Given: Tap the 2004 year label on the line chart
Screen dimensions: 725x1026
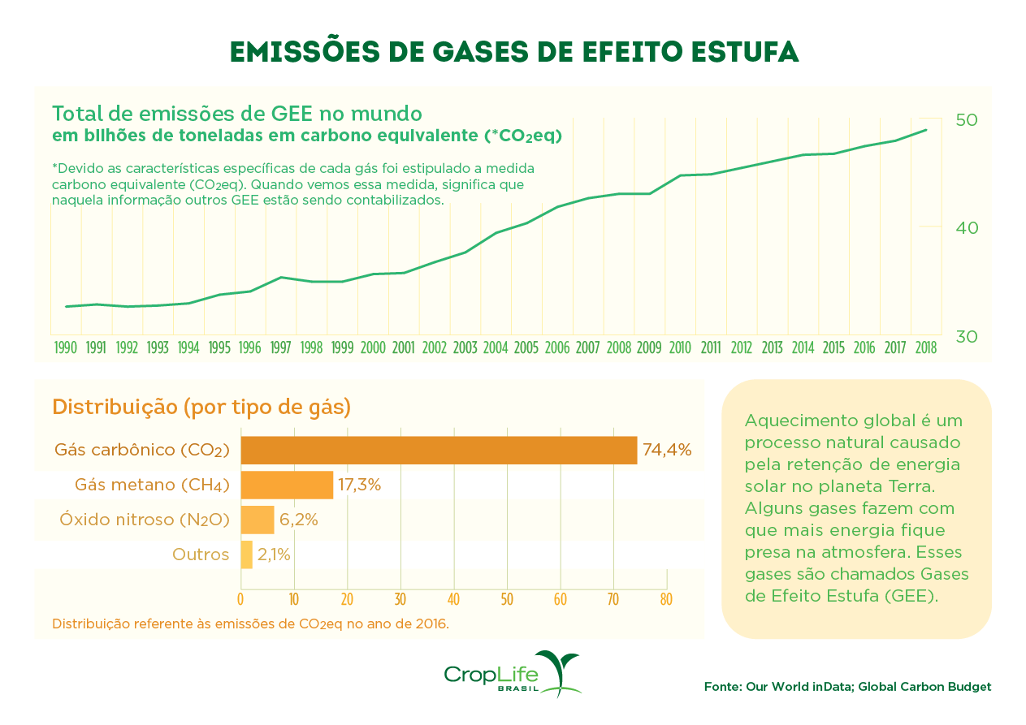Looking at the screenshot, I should (496, 348).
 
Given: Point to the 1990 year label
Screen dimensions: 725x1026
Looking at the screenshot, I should (65, 348).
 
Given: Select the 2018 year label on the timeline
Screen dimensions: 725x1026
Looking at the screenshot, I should (924, 348).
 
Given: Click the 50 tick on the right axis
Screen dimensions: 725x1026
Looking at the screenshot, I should (967, 120).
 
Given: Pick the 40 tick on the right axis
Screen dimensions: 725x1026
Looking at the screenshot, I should (967, 228).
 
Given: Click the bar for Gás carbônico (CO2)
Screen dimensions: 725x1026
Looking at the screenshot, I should (439, 450).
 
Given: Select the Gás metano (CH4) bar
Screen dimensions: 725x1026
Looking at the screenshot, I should (287, 485).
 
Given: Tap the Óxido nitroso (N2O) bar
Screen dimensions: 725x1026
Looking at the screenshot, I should (257, 520).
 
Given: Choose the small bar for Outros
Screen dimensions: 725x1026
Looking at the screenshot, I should (246, 555).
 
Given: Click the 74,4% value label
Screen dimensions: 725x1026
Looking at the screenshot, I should (667, 450).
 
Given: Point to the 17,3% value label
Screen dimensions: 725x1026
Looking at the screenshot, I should (359, 485).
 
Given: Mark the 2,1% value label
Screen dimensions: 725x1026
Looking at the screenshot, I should (274, 555).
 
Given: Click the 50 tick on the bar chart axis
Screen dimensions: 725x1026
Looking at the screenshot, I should (507, 600).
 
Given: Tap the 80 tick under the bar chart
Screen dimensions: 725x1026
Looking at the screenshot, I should (666, 600).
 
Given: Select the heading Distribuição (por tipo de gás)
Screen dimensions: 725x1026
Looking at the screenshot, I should (201, 407).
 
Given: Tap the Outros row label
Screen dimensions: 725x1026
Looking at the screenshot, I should (201, 555).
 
